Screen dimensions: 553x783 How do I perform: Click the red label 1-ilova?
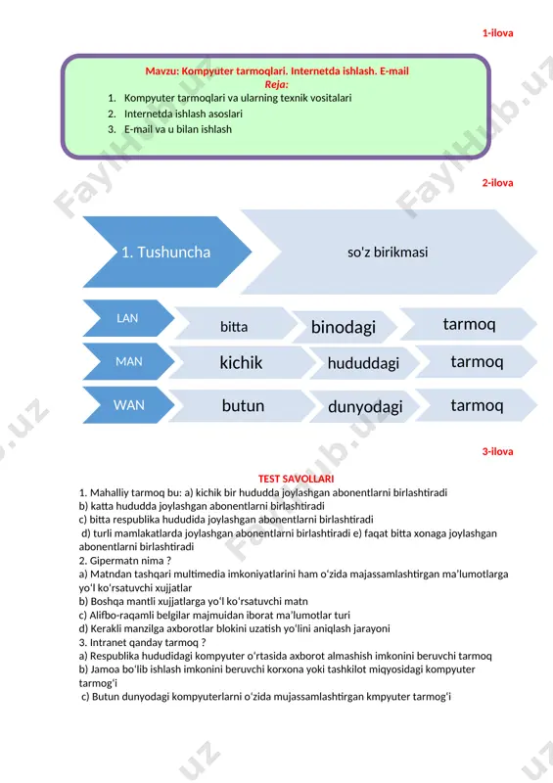pos(497,33)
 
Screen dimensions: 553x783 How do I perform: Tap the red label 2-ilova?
pos(497,183)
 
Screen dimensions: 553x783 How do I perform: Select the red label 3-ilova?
pos(497,451)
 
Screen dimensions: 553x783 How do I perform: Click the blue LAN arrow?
pos(128,318)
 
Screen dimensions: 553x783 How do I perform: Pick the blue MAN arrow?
pos(128,361)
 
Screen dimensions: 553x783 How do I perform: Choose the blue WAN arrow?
pos(128,404)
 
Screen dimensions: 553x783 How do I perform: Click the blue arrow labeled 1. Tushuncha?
pos(166,252)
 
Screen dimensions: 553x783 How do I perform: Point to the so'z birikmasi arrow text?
pos(388,253)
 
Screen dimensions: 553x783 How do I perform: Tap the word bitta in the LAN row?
pos(234,327)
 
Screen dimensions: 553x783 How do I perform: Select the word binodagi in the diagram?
pos(344,327)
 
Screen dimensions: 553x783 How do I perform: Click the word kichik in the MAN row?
pos(241,362)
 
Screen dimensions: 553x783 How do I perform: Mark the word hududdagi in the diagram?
pos(363,363)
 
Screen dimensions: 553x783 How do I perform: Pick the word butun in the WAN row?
pos(243,405)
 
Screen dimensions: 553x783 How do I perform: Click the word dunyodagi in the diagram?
pos(365,407)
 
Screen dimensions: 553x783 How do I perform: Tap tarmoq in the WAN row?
pos(477,405)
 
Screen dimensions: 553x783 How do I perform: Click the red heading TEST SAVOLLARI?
pos(296,479)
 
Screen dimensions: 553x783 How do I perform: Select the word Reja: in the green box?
pos(276,84)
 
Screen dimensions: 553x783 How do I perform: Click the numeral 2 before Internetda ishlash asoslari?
pos(111,114)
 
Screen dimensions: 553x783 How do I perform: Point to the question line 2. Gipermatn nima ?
pos(125,561)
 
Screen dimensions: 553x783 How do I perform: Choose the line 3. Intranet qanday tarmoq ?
pos(142,643)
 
